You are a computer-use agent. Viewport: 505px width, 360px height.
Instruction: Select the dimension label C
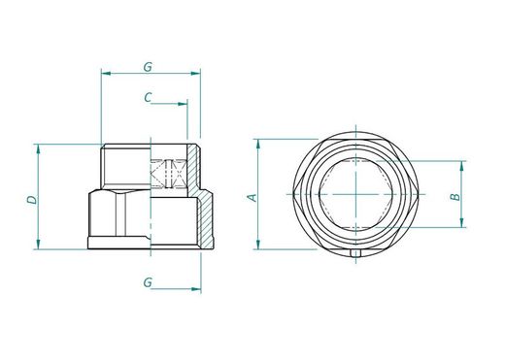pos(147,96)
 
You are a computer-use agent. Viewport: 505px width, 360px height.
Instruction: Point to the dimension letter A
pos(252,197)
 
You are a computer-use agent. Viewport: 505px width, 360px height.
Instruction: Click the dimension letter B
pos(454,197)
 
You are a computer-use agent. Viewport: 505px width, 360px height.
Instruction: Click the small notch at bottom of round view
pos(357,254)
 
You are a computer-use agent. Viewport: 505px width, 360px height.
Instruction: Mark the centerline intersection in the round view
pos(356,193)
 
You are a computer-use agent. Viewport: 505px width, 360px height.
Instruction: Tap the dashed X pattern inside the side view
pos(169,175)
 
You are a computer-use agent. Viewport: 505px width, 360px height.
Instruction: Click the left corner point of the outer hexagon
pos(293,193)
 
